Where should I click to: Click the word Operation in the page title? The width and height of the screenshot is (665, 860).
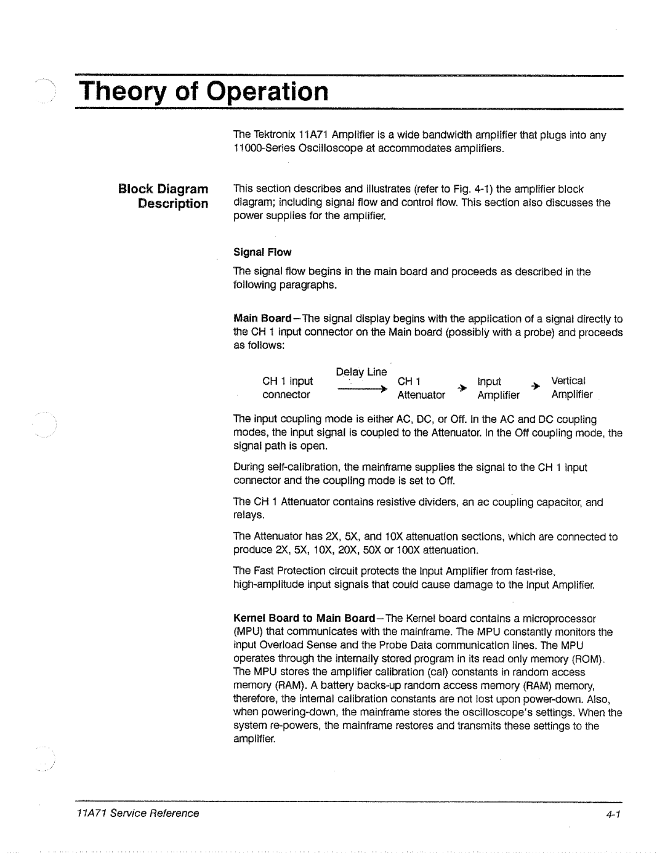point(267,92)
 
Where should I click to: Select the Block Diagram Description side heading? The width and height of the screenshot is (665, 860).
point(163,196)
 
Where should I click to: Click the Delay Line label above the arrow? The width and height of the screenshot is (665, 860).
point(361,372)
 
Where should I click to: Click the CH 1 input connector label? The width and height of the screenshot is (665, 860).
point(287,388)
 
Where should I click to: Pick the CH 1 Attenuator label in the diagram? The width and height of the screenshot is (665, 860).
point(421,388)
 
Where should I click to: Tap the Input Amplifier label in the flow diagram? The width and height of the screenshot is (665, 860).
point(498,388)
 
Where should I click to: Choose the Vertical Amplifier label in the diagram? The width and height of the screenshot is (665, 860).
point(571,388)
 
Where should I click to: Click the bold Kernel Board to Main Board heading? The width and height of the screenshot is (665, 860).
point(304,618)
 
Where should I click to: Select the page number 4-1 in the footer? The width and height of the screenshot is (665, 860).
point(613,814)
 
